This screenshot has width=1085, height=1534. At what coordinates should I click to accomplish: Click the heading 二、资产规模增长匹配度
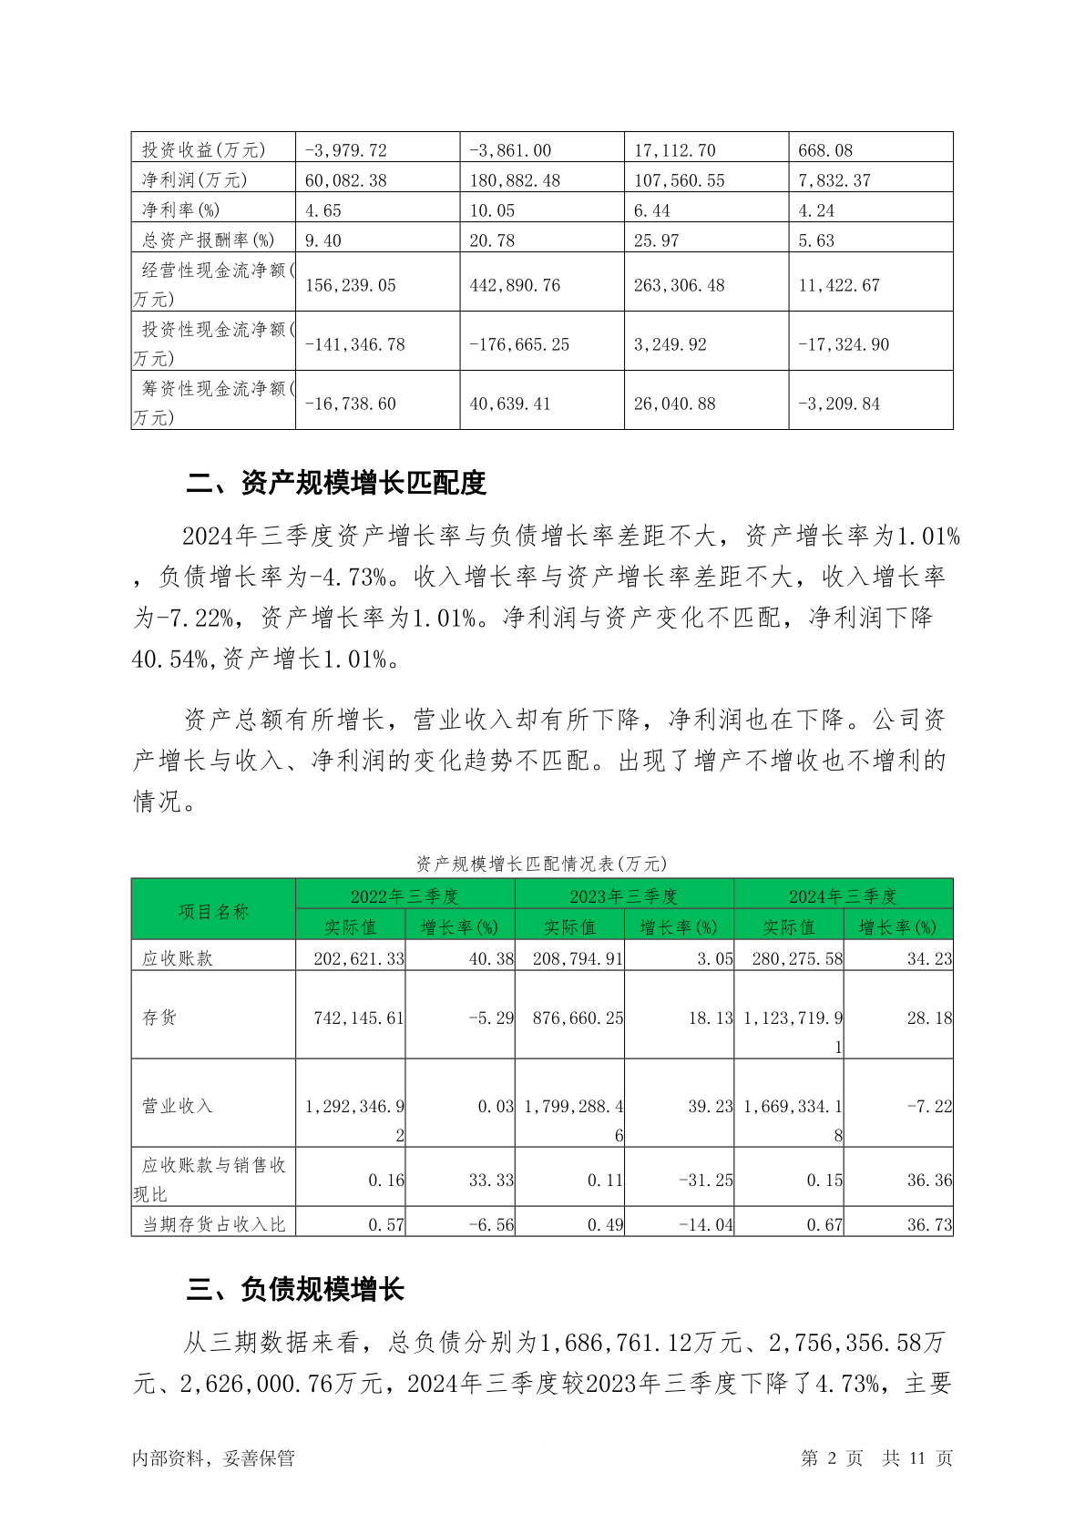336,483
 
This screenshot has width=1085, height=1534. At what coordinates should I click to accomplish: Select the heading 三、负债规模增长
295,1289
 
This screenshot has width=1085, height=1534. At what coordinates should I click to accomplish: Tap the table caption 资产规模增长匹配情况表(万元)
541,863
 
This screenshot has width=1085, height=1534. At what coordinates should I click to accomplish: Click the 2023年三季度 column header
624,895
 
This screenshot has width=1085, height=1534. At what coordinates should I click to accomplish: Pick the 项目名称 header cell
213,911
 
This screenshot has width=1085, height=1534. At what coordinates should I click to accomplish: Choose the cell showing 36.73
929,1225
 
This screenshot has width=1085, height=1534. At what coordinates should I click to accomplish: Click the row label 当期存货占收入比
213,1225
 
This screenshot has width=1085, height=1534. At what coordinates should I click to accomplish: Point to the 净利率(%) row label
180,210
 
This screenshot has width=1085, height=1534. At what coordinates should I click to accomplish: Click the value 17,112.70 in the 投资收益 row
675,150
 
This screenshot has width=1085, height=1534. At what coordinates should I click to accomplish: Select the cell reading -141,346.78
355,344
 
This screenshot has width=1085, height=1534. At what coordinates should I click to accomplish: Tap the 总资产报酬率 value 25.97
656,240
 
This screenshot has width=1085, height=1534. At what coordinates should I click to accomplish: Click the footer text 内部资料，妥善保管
213,1457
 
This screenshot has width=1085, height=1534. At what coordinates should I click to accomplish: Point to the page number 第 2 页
831,1457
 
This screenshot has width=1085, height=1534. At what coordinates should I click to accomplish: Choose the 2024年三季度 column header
843,895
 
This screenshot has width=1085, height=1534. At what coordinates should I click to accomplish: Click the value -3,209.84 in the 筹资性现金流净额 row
839,404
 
